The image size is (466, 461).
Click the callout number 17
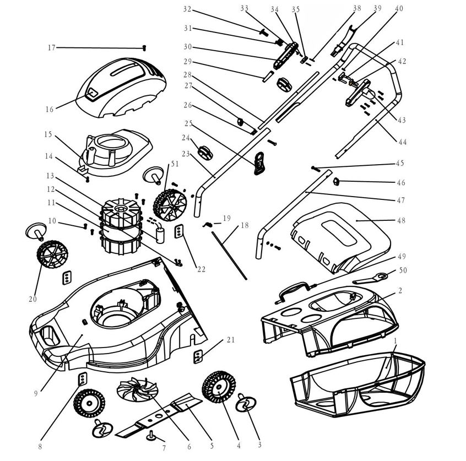coord(51,48)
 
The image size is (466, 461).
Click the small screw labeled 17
coord(144,48)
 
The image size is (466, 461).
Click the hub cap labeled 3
coord(245,403)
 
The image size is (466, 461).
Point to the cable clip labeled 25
coord(259,163)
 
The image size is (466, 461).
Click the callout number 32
coord(187,9)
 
